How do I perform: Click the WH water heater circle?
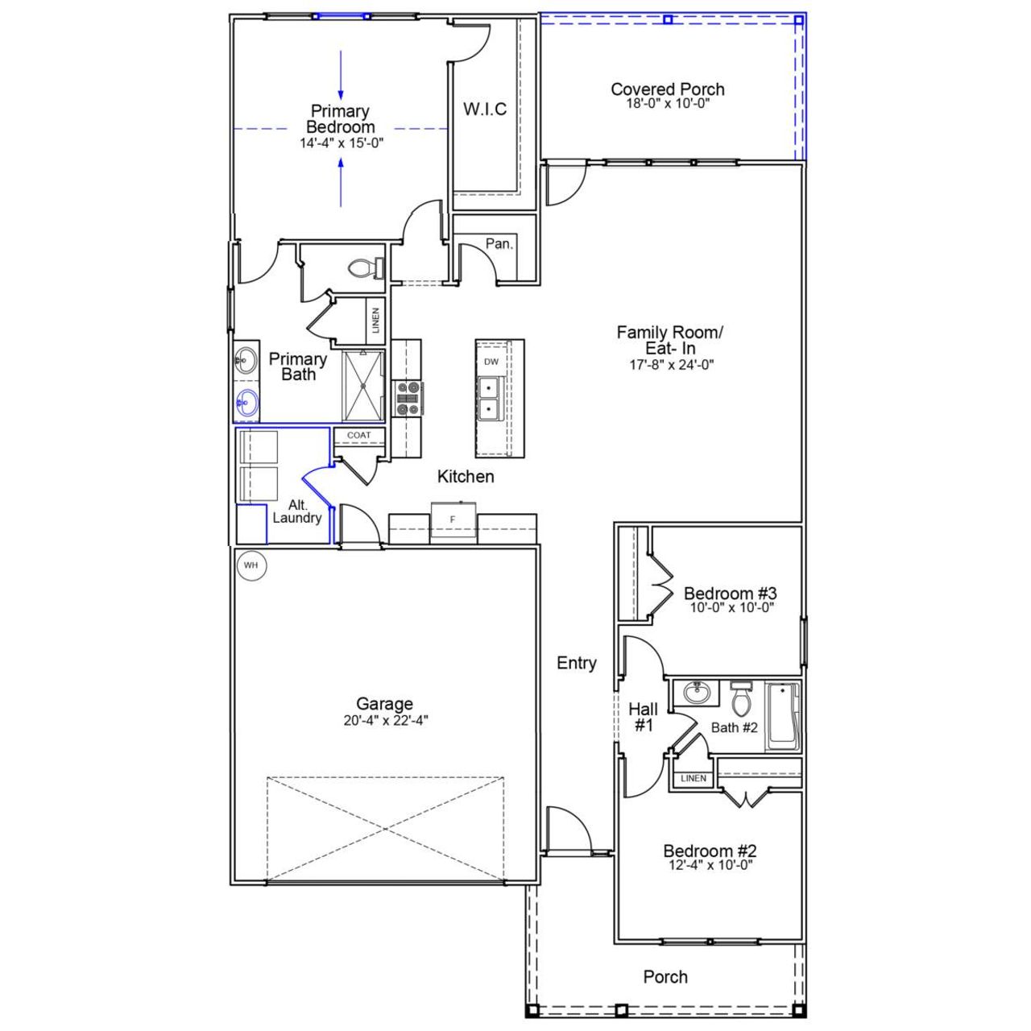pyautogui.click(x=251, y=565)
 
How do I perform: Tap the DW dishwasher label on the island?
pyautogui.click(x=491, y=362)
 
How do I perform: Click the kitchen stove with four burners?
pyautogui.click(x=407, y=399)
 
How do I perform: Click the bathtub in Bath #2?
pyautogui.click(x=782, y=716)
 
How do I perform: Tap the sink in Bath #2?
pyautogui.click(x=695, y=692)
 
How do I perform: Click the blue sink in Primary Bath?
pyautogui.click(x=246, y=402)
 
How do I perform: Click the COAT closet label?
pyautogui.click(x=359, y=436)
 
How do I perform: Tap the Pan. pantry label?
pyautogui.click(x=499, y=244)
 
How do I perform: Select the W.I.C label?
pyautogui.click(x=485, y=110)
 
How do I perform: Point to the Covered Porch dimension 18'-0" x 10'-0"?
pyautogui.click(x=667, y=104)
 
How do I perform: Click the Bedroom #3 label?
pyautogui.click(x=730, y=594)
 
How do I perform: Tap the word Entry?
pyautogui.click(x=577, y=663)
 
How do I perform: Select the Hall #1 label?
pyautogui.click(x=643, y=717)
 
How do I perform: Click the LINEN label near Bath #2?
pyautogui.click(x=693, y=778)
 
